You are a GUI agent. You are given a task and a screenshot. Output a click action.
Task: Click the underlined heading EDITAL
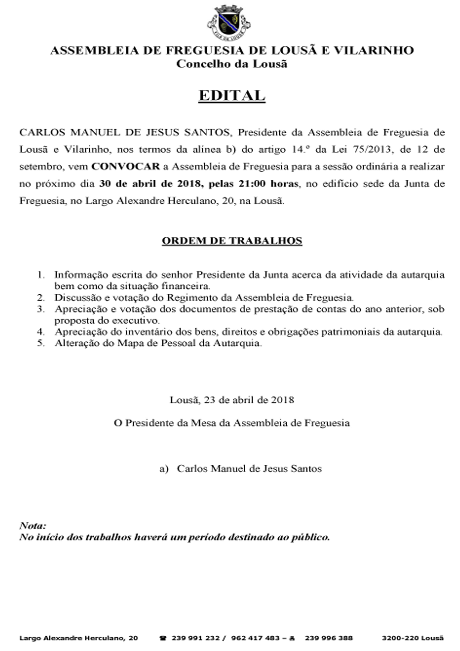[x=232, y=96]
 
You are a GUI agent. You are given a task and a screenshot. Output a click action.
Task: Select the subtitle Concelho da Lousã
[x=232, y=64]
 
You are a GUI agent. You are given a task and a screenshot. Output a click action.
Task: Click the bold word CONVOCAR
[x=126, y=166]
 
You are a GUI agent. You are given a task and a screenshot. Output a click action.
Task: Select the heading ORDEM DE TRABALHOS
[x=232, y=241]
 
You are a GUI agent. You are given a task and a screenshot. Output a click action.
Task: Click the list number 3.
[x=41, y=309]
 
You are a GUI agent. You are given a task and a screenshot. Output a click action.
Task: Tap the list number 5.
[x=41, y=343]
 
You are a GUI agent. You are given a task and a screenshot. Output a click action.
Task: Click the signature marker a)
[x=164, y=469]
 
